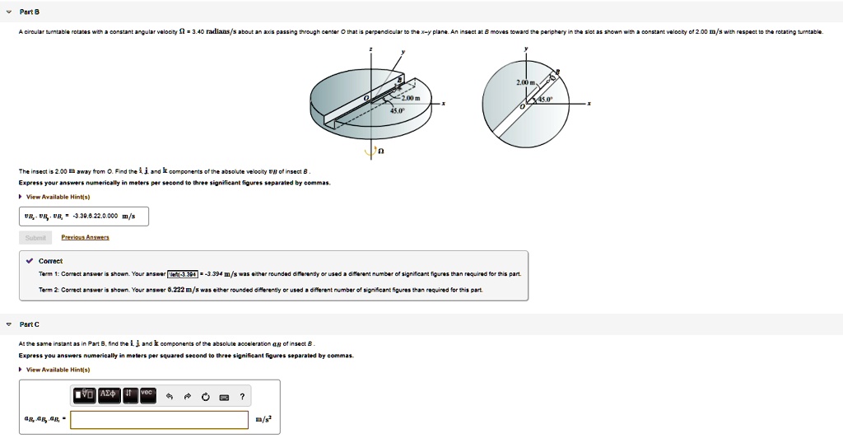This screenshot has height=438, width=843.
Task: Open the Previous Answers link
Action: click(x=86, y=237)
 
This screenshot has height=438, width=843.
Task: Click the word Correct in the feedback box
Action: click(x=50, y=261)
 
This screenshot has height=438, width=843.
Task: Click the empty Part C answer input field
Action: click(x=160, y=420)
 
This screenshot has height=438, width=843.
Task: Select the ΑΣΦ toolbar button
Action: click(x=109, y=395)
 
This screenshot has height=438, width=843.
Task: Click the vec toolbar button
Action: click(x=147, y=394)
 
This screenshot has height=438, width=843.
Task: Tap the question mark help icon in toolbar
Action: click(x=242, y=396)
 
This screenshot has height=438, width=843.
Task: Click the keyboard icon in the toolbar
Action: click(x=223, y=396)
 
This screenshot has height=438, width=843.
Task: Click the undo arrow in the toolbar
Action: click(x=169, y=396)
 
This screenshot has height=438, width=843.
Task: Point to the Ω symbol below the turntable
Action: click(x=380, y=151)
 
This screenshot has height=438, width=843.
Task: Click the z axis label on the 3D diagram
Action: click(x=371, y=50)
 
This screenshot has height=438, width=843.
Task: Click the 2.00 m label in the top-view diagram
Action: click(x=526, y=83)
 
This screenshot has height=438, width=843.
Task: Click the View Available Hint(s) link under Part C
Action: click(x=58, y=370)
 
